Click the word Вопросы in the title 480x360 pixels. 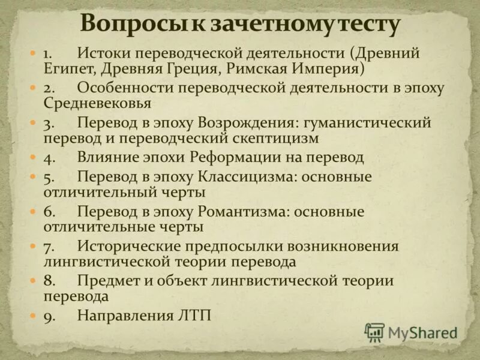[x=123, y=23]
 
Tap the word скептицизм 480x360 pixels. [x=275, y=138]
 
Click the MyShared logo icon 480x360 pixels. [x=374, y=332]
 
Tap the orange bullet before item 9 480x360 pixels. [x=34, y=316]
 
